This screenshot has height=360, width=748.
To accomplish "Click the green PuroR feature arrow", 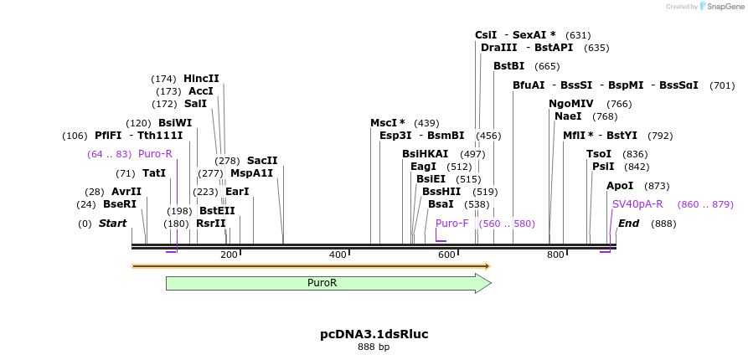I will click(327, 283).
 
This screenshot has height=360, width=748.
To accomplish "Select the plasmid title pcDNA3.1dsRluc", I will click(374, 334).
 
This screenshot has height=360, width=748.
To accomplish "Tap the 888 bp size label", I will click(374, 347).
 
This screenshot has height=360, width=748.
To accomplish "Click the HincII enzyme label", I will click(201, 79).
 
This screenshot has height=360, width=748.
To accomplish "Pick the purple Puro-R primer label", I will click(155, 154).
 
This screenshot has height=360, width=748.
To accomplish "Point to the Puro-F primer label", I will click(452, 224).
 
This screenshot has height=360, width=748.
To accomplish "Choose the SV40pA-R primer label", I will click(637, 204).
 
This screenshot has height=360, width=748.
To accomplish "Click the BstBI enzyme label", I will click(508, 66).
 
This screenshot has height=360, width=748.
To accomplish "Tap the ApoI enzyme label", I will click(620, 186).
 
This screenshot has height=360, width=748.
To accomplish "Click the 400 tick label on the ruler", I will click(338, 255).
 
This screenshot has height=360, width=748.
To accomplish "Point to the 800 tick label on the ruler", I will click(555, 255).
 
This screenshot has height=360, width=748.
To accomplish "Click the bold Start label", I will click(112, 224).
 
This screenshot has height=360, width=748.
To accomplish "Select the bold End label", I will click(628, 224).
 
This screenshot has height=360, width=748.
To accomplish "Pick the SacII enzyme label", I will click(262, 161).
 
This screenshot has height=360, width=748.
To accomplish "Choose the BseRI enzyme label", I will click(119, 204).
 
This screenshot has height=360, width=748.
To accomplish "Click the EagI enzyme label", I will click(423, 167).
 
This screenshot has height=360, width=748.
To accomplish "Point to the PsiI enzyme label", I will click(603, 167).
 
